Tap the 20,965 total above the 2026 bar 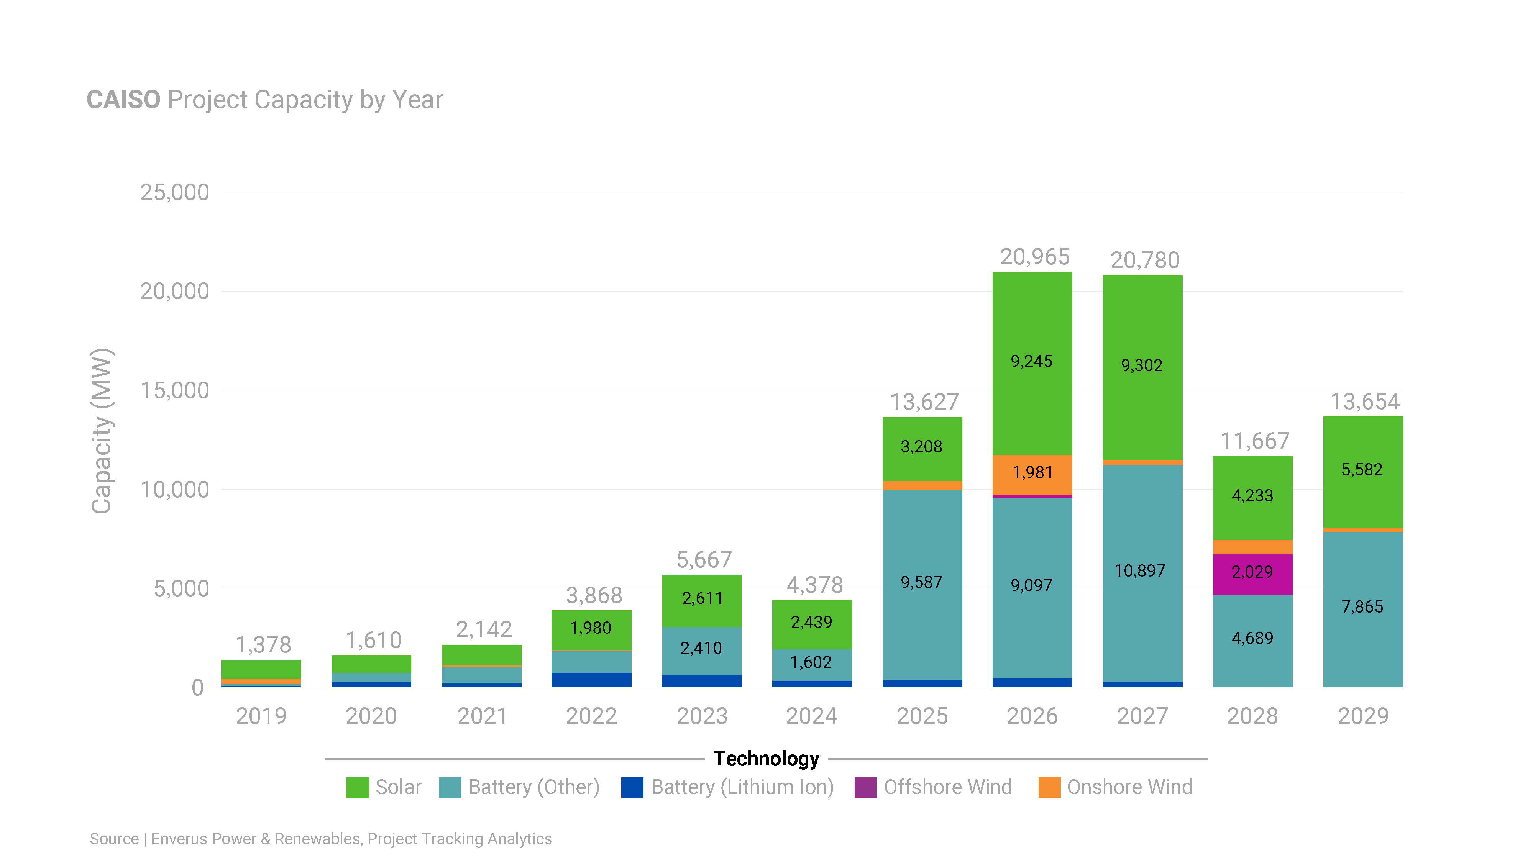[1034, 257]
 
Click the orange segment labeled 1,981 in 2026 [1032, 474]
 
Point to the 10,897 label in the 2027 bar [1140, 571]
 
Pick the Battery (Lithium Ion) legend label [742, 787]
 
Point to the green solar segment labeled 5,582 [1362, 470]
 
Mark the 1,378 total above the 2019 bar [263, 645]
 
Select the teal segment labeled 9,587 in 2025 [922, 583]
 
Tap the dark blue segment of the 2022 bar [591, 680]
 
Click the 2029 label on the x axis [1363, 716]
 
